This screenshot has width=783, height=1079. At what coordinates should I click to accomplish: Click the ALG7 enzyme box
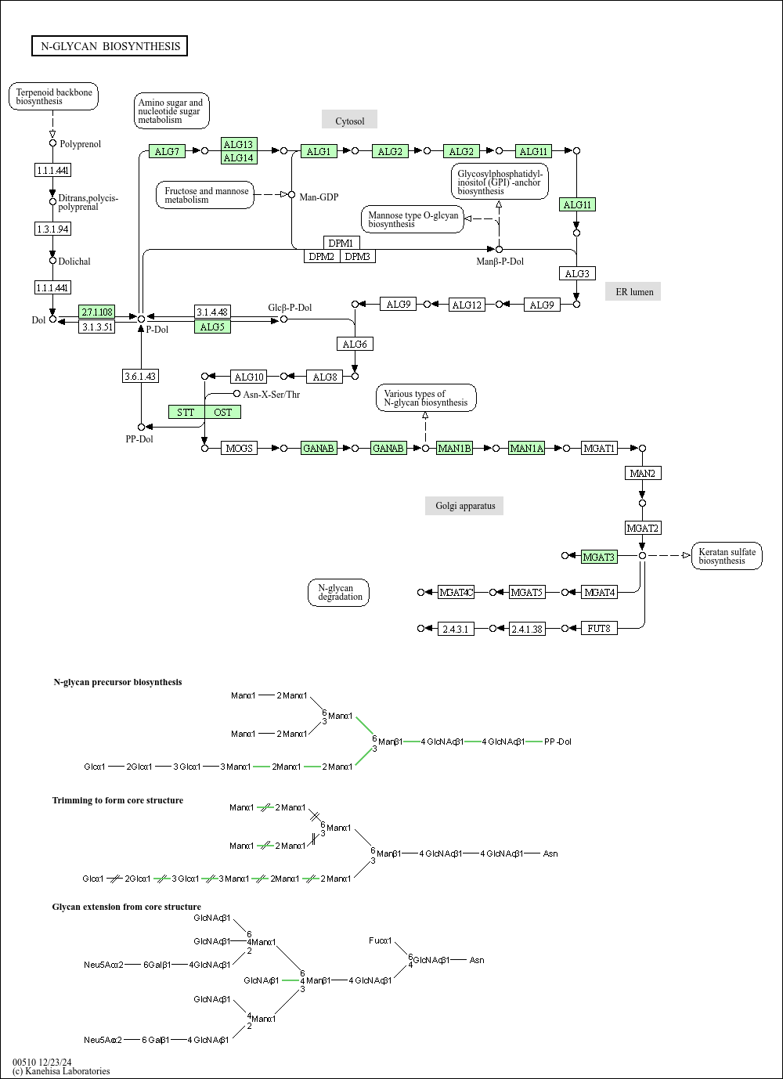point(167,151)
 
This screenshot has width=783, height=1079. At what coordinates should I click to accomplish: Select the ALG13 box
point(239,144)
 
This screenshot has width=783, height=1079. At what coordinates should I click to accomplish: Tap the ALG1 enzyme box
point(319,151)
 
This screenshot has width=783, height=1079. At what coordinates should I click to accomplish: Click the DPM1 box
point(341,243)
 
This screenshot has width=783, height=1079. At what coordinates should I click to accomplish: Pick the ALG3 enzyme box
point(577,273)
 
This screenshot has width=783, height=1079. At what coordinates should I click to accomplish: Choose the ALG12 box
point(467,305)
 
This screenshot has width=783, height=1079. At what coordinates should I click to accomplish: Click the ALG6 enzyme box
point(355,344)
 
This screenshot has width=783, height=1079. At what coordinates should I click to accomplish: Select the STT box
point(186,413)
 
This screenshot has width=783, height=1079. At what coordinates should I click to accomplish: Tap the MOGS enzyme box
point(240,449)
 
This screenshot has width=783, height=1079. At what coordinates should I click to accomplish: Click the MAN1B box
point(455,449)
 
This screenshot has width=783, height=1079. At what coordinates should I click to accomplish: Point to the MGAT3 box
point(599,557)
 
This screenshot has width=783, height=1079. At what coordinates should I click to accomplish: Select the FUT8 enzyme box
point(599,628)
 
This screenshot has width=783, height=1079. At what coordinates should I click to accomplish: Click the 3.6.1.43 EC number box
point(141,376)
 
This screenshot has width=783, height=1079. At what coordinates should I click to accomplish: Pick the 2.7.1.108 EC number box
point(97,312)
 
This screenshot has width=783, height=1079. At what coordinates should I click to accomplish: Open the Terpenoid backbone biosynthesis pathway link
point(53,96)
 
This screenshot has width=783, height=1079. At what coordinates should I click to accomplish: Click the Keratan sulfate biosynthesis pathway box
point(727,556)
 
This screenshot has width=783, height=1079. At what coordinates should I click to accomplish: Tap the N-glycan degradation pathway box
point(338,593)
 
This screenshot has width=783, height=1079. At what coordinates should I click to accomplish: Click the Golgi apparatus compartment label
point(464,506)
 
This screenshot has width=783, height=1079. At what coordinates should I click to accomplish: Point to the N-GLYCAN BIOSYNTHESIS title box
point(110,46)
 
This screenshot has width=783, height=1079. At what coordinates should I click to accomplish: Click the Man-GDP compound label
point(319,197)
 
